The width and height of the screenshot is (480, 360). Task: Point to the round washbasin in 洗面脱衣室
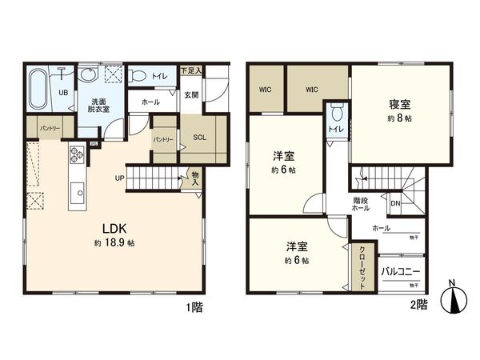coord(88,74)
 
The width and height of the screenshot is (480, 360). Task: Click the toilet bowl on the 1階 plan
coord(137,77)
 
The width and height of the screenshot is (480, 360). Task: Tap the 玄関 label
coord(190,94)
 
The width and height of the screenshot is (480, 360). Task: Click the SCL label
coord(200,137)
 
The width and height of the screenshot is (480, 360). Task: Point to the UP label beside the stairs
coord(118,178)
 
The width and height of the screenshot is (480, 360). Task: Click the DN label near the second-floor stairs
coord(394,203)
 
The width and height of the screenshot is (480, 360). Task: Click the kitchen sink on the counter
coord(78,191)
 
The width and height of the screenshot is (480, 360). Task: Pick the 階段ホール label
coord(360,204)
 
